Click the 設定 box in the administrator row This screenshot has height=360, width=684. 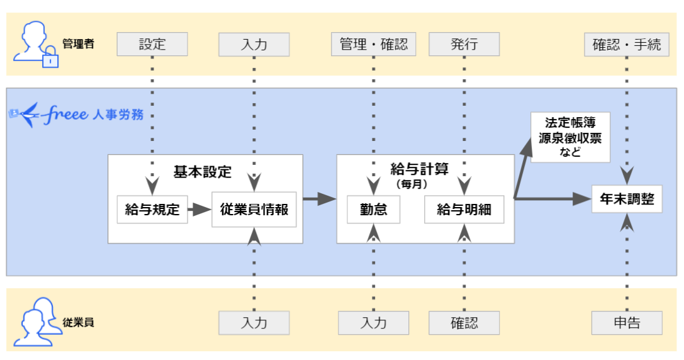coord(152,45)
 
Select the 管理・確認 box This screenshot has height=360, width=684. coord(373,45)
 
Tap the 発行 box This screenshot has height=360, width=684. coord(464,45)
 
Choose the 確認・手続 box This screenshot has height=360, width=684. coord(626,45)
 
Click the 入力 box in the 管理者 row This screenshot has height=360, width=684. coord(254,45)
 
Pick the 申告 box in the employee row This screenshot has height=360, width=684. coord(626,323)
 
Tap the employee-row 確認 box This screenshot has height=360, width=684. coord(464,323)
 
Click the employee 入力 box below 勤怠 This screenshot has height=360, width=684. coord(373,323)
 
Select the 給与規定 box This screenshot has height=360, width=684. coord(152,210)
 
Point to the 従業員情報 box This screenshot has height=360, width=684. coord(254,210)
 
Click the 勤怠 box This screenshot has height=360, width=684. coord(373,210)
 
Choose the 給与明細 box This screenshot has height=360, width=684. coord(464,210)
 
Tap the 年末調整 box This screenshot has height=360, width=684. coord(626,200)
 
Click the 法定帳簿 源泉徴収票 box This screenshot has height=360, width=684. coord(570,137)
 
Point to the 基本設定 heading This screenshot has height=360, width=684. coord(203,172)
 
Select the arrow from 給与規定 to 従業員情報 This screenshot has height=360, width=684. coord(199,210)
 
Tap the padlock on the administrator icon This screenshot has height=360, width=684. coord(50,59)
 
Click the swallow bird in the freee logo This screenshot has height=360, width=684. coord(26,115)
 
